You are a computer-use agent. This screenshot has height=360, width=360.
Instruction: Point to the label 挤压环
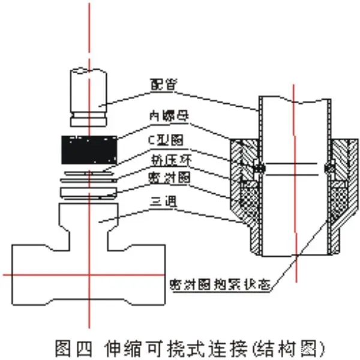coord(167,160)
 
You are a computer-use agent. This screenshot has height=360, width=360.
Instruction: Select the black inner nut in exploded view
coord(89,150)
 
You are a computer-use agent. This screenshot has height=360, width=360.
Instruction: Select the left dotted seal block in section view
coord(249,198)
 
